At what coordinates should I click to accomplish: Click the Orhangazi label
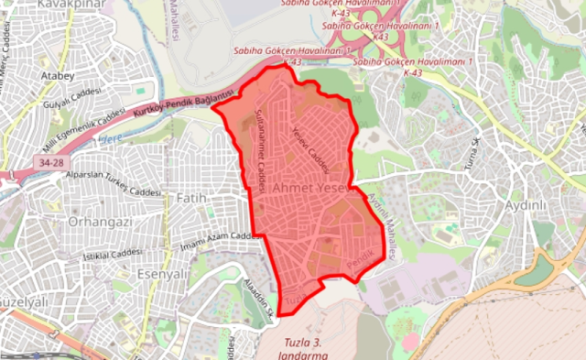tap(102, 222)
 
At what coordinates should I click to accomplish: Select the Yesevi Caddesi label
tap(311, 144)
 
